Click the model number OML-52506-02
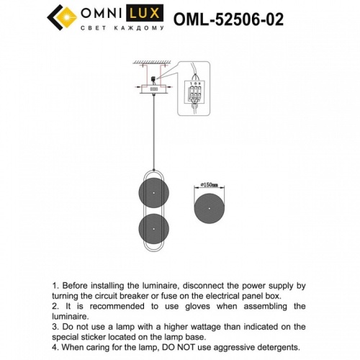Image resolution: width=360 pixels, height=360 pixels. click(x=228, y=18)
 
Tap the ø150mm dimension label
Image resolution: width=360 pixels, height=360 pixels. click(x=210, y=185)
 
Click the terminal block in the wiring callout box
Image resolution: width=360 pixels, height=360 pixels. click(x=194, y=91)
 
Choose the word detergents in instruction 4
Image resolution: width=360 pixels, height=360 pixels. click(x=266, y=346)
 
